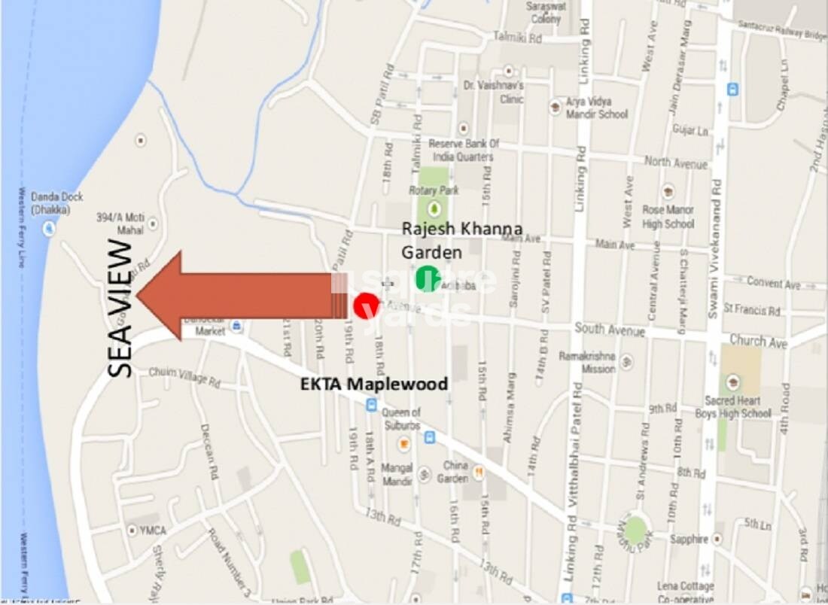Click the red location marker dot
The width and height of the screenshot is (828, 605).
[x=367, y=306]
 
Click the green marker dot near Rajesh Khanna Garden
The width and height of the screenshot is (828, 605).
[x=428, y=278]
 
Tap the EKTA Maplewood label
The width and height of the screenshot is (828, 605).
[x=374, y=384]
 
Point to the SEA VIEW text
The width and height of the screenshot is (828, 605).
[x=120, y=308]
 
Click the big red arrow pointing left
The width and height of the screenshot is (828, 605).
[x=233, y=295]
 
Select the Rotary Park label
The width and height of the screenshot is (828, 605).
[x=434, y=190]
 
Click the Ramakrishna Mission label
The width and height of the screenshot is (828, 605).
[x=588, y=362]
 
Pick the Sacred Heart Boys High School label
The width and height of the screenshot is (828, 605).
[x=738, y=407]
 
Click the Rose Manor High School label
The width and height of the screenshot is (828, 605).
[x=668, y=217]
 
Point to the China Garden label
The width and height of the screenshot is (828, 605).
[x=455, y=471]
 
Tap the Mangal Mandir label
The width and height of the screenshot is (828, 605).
[x=397, y=474]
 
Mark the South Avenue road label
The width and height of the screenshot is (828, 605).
[x=610, y=330]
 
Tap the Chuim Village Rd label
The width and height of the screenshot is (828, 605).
[x=184, y=377]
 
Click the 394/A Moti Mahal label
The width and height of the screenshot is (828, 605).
[x=120, y=223]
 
